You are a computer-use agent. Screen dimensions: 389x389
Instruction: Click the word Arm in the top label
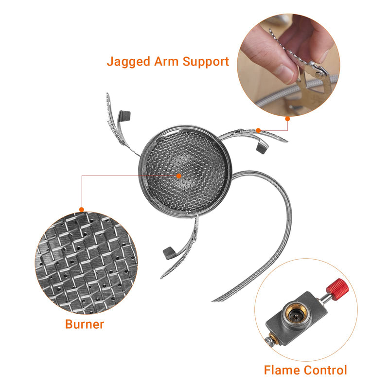170,62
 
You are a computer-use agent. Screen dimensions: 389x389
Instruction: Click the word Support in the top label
209,62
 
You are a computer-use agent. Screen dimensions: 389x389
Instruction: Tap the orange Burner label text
85,324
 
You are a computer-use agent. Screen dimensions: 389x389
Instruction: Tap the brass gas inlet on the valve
294,316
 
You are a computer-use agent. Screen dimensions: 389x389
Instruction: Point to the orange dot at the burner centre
178,176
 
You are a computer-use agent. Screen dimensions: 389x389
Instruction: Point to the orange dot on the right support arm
258,130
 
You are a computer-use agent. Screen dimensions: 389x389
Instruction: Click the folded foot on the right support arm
262,146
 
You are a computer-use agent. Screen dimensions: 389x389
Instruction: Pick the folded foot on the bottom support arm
169,252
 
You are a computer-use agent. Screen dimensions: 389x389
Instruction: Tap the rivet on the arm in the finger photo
319,74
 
